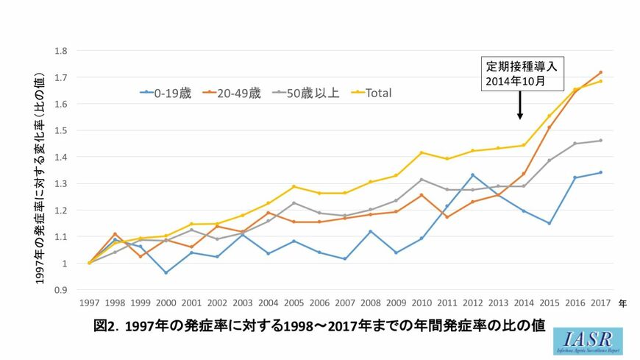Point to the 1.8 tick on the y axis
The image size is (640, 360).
[x=61, y=51]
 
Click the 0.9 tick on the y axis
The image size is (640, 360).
[x=61, y=290]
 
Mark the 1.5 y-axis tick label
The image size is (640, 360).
[x=61, y=130]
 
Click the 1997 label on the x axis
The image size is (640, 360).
[x=90, y=303]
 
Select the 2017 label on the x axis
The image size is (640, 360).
[x=601, y=303]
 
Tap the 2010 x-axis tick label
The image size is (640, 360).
[x=422, y=303]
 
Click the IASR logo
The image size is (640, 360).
[x=589, y=341]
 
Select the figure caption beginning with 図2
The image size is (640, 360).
[x=320, y=326]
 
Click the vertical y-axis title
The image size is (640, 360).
[x=40, y=169]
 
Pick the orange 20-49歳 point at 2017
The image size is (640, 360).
[x=601, y=72]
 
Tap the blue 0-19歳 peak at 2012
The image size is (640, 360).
[x=473, y=175]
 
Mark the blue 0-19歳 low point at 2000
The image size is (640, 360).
[x=166, y=272]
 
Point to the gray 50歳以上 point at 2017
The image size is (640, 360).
[x=601, y=141]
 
